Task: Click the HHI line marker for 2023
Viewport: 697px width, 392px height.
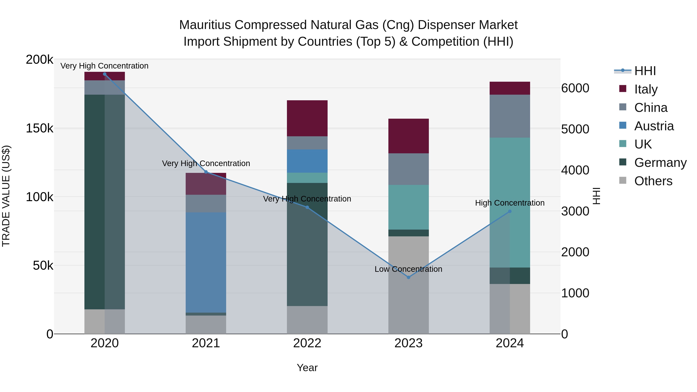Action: pos(408,277)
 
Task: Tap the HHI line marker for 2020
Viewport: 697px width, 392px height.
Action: pos(105,74)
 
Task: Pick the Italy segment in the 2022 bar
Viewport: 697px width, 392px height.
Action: pos(307,118)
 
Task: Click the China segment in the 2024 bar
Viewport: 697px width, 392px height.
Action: pos(510,116)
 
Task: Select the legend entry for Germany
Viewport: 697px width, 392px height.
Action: pos(660,163)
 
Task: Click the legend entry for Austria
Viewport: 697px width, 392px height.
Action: pos(654,126)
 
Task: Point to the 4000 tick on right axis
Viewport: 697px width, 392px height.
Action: pos(575,170)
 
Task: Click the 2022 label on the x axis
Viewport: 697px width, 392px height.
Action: pos(307,343)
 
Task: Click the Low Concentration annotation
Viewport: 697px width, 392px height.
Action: pos(408,269)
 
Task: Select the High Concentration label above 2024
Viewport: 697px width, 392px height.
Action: pos(510,203)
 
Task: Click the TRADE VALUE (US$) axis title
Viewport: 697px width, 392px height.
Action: pos(6,196)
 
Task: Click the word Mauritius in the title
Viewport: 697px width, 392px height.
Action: pos(205,25)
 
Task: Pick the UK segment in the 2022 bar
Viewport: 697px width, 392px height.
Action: pos(307,178)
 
